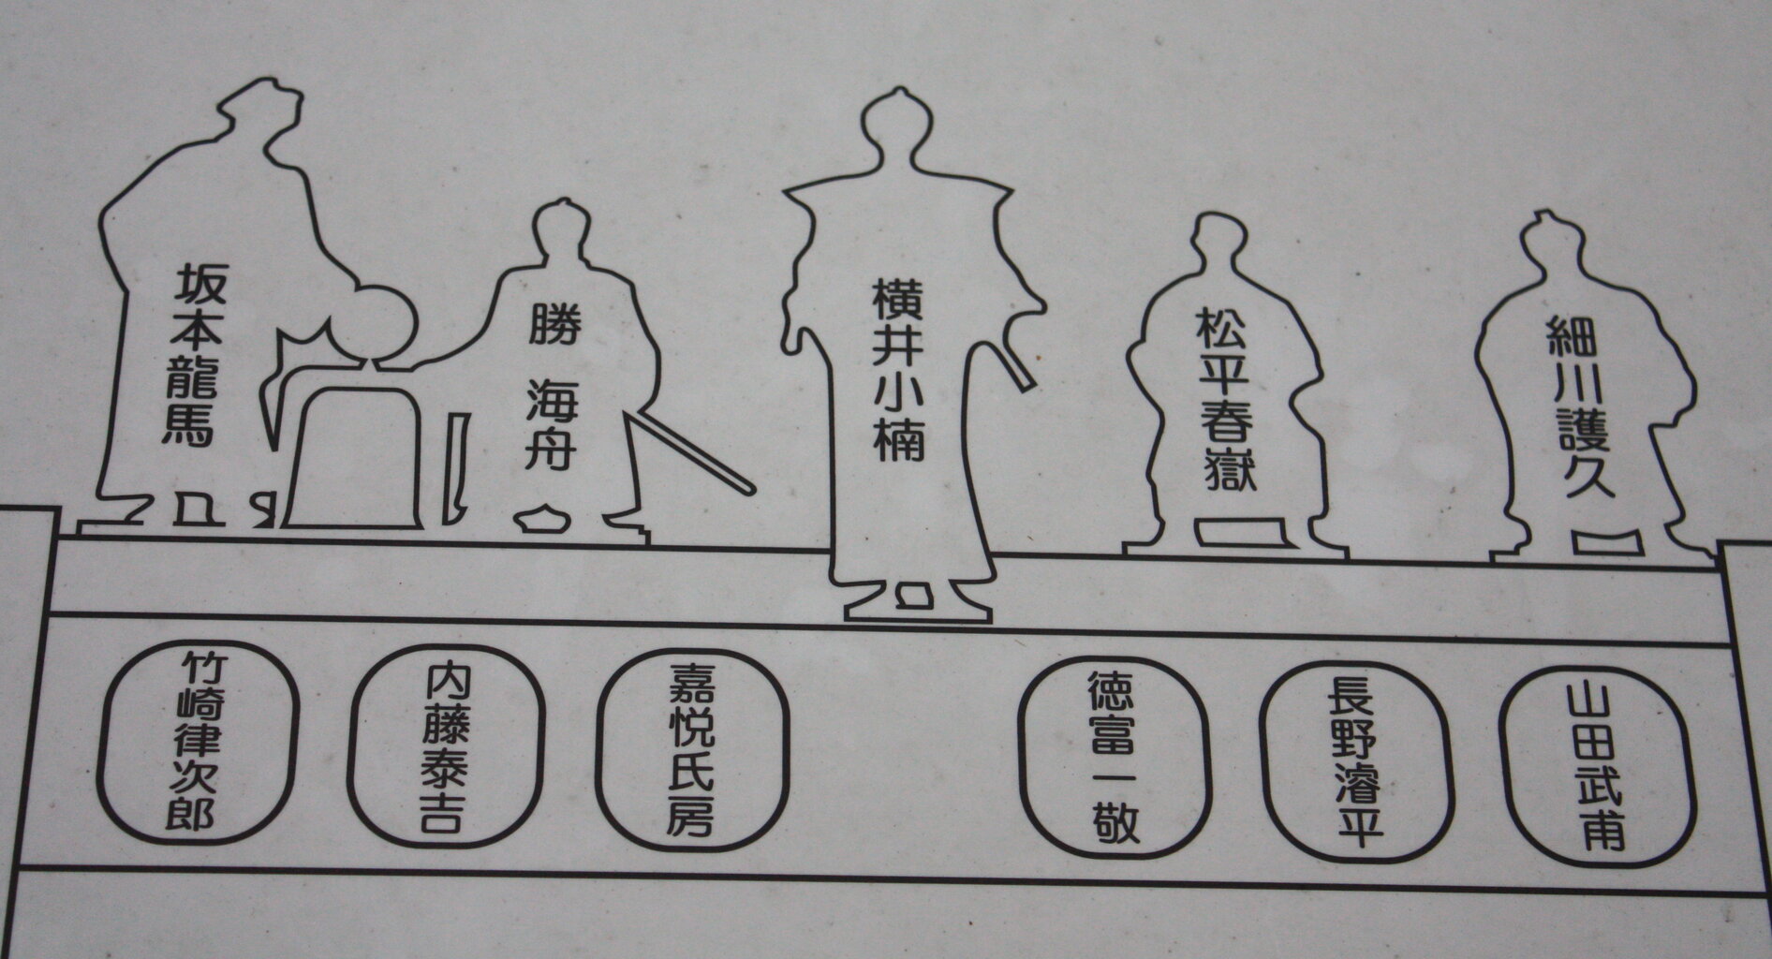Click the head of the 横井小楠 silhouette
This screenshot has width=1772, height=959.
[x=898, y=123]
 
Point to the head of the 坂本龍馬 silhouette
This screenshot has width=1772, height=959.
[x=263, y=113]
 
